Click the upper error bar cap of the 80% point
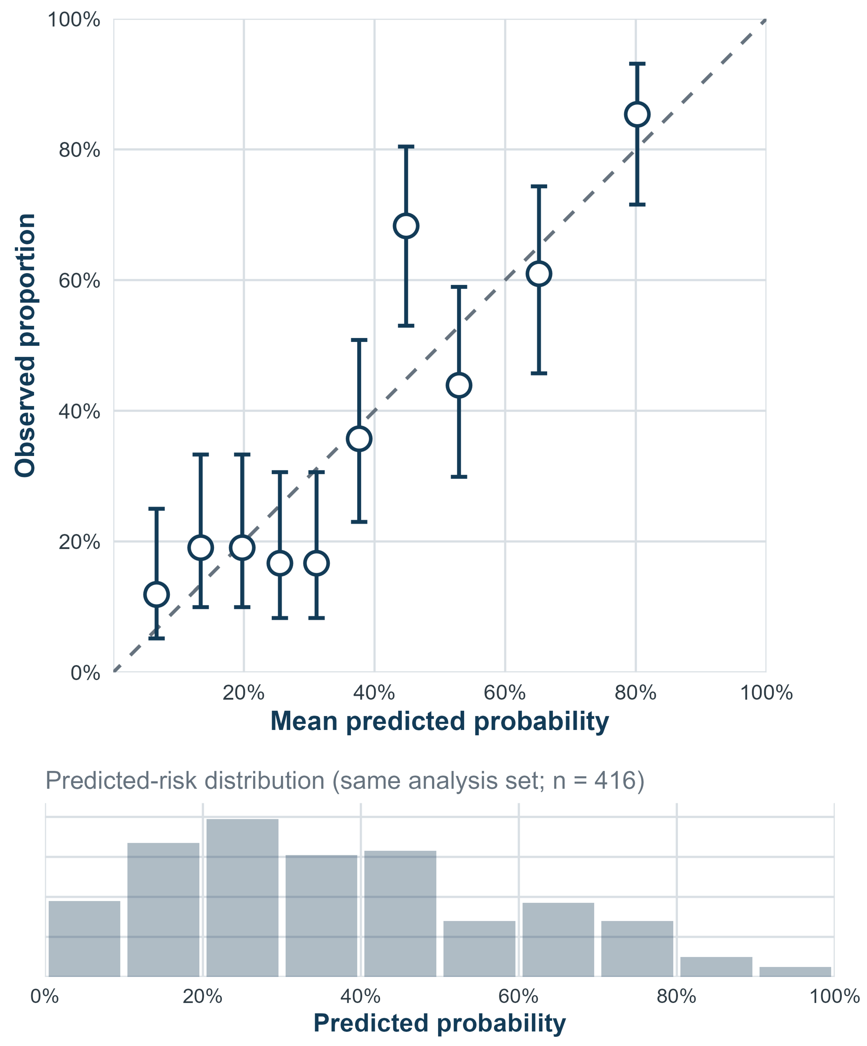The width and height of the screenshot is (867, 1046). click(x=637, y=64)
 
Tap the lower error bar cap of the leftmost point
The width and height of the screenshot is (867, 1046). click(x=156, y=638)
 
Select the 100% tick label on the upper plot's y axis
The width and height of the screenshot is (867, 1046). click(x=74, y=20)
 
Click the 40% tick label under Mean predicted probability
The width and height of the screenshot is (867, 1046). click(x=374, y=693)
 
